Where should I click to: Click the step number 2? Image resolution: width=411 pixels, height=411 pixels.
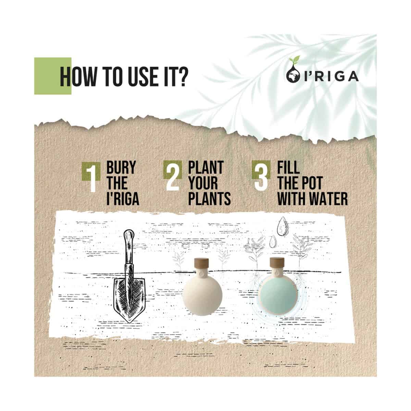coord(172,176)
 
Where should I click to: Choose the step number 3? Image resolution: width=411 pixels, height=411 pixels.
coord(261,176)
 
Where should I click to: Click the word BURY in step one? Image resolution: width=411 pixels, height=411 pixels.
coord(121,167)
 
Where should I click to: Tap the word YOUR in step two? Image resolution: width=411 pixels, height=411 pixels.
coord(203,183)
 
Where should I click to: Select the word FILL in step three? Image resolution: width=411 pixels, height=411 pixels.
coord(288,167)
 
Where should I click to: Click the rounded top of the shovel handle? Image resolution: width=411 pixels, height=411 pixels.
coord(129,236)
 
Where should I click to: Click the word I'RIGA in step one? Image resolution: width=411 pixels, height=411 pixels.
coord(123,199)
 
